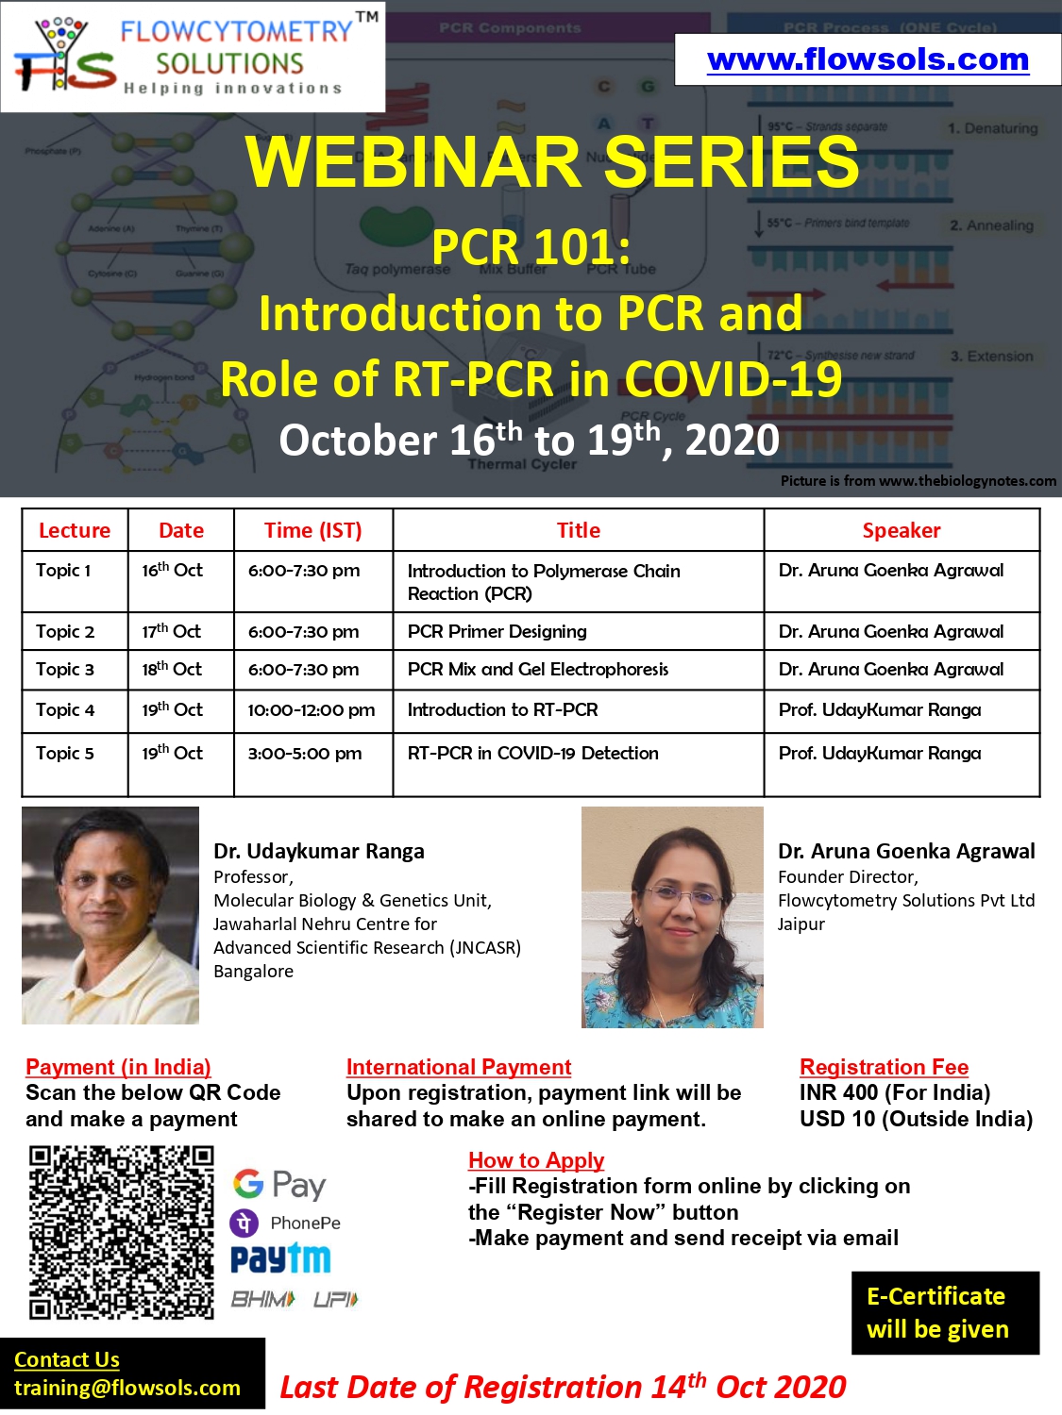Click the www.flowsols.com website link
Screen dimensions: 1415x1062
868,59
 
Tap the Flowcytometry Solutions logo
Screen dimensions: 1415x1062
193,57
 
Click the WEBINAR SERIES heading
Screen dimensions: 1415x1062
552,161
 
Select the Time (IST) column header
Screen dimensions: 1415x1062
312,530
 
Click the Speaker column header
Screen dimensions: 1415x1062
901,530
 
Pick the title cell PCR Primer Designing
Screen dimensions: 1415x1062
497,631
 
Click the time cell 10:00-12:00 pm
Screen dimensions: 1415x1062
311,709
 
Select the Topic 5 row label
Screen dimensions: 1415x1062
65,753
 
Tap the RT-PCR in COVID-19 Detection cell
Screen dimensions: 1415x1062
532,753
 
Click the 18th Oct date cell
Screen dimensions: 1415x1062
172,669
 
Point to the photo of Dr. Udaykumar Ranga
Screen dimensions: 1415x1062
110,915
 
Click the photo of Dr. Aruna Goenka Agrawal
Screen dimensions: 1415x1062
672,917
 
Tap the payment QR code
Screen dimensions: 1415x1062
121,1232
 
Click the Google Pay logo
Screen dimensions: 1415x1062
279,1184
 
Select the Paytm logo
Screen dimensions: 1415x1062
280,1258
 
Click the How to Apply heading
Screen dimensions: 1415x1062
535,1160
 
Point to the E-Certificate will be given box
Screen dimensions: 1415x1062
945,1313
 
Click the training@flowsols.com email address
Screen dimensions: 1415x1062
127,1388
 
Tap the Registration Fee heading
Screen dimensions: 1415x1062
884,1067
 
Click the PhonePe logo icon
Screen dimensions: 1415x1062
244,1223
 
